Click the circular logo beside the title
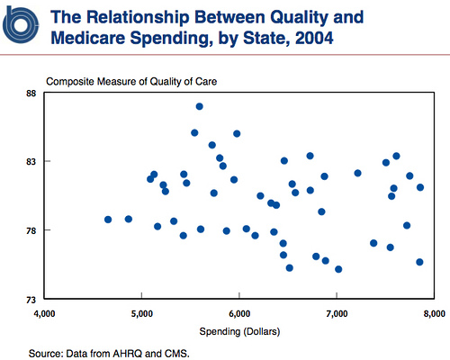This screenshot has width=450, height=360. click(x=21, y=25)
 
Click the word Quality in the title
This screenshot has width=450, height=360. click(x=299, y=18)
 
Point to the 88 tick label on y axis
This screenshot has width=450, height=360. click(x=31, y=94)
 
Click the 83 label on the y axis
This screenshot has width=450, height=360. click(x=31, y=162)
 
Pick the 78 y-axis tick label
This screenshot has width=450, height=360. click(x=31, y=230)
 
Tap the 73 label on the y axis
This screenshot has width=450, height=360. click(x=31, y=300)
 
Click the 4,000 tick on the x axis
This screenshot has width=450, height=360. click(x=44, y=314)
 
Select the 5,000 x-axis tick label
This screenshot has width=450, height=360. click(x=141, y=314)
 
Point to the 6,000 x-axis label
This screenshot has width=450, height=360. click(x=239, y=314)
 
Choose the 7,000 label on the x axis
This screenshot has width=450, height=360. click(x=337, y=314)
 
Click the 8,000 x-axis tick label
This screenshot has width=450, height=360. click(x=434, y=314)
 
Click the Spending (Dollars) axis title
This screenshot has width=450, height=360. click(x=239, y=331)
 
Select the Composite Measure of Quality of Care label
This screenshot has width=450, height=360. click(x=131, y=82)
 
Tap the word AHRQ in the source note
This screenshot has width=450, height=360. click(x=128, y=354)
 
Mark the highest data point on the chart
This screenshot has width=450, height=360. click(x=200, y=106)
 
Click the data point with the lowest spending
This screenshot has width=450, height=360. click(x=108, y=220)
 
